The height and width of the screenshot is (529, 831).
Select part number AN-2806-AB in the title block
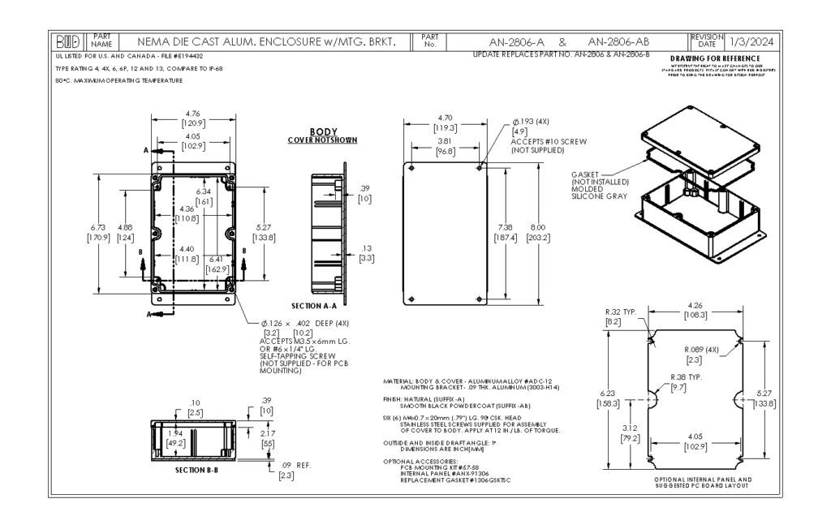tap(618, 41)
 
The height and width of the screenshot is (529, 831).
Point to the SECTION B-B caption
tap(196, 469)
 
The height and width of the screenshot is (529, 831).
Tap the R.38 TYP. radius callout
tap(683, 378)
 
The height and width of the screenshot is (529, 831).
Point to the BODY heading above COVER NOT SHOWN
tap(323, 131)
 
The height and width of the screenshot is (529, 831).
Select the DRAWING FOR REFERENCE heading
tap(715, 58)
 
